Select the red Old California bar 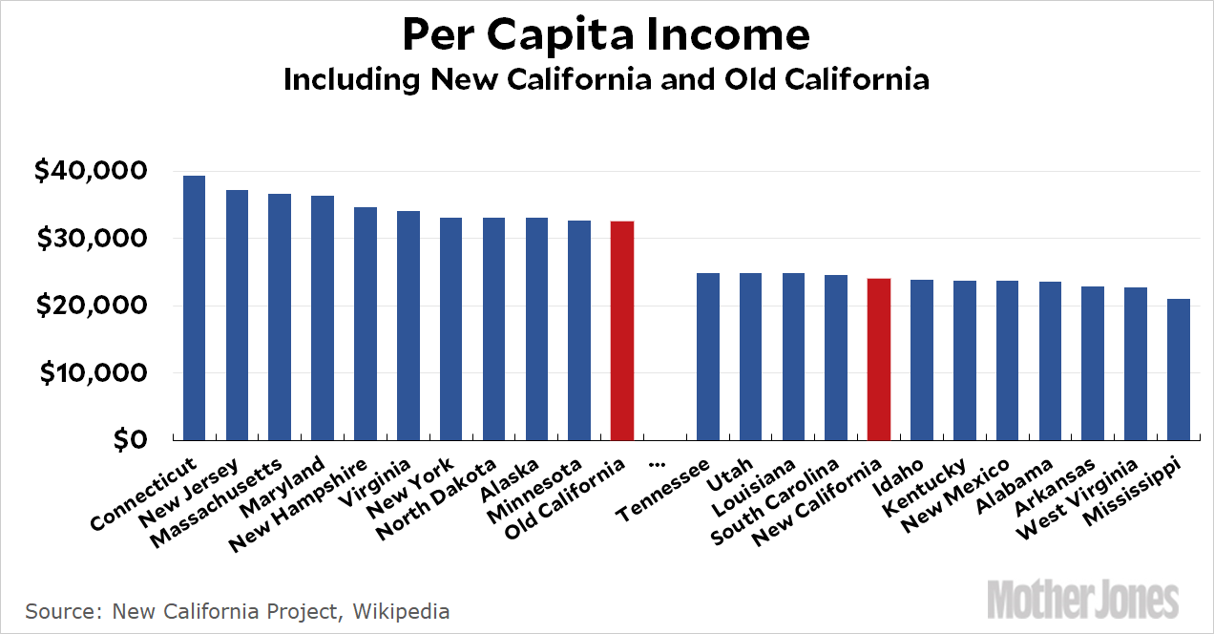coord(622,330)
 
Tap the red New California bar coord(879,359)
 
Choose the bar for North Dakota coord(493,328)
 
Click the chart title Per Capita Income coord(606,35)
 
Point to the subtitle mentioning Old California coord(606,79)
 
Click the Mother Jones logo coord(1083,599)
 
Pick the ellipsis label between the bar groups coord(656,462)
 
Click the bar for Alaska coord(536,328)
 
